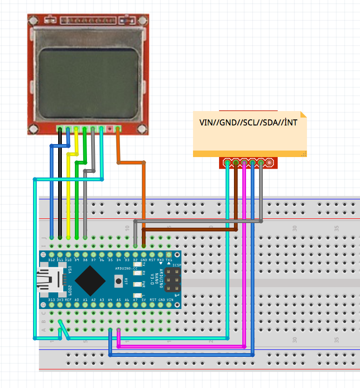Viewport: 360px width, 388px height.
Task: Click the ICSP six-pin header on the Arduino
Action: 171,281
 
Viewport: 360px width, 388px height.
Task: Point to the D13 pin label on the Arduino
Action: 52,300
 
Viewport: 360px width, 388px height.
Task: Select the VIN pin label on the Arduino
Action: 170,300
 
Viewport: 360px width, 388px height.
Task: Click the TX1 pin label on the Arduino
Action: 169,260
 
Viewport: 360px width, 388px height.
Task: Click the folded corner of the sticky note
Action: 303,114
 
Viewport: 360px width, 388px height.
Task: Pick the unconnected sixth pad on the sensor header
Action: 269,163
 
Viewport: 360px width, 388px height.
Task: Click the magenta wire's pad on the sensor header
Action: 244,163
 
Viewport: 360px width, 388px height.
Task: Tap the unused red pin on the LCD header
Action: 109,129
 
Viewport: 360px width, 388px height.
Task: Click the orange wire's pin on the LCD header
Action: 118,129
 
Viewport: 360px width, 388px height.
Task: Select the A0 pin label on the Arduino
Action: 77,300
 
